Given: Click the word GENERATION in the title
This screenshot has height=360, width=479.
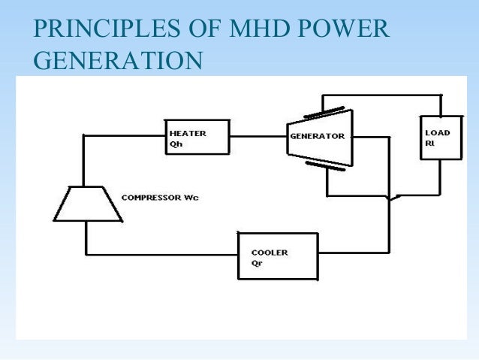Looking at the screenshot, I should click(118, 60).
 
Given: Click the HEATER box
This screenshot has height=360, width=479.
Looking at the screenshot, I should click(197, 137).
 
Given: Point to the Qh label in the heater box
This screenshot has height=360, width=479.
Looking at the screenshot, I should click(175, 145).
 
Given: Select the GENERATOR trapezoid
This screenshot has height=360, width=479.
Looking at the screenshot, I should click(318, 138).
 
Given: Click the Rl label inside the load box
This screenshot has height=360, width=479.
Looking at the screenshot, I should click(429, 144).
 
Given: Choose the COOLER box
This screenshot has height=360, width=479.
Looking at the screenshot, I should click(278, 256).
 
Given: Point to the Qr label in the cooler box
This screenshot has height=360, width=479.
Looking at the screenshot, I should click(257, 264).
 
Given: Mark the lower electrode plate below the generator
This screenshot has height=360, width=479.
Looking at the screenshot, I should click(324, 165).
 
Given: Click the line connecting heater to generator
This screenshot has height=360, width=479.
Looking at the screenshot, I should click(258, 136).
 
